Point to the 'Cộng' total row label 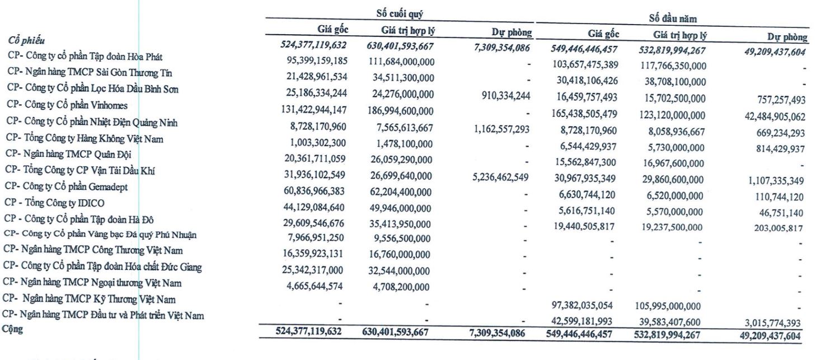tap(12, 330)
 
